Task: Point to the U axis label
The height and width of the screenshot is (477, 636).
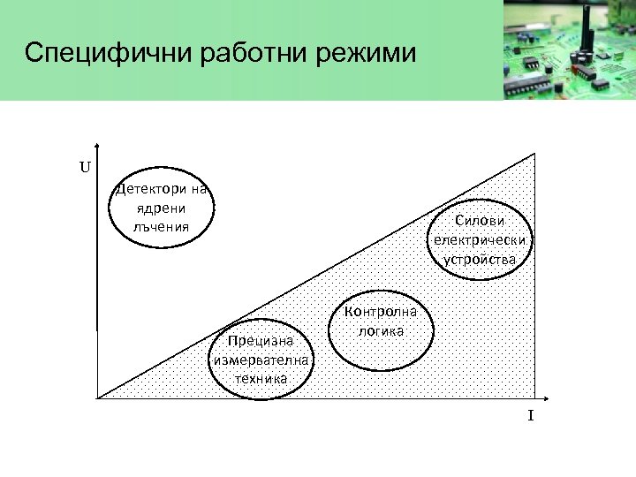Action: click(x=85, y=165)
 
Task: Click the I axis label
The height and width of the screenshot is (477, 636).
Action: click(x=531, y=416)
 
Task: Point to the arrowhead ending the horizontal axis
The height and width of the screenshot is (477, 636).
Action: click(x=537, y=397)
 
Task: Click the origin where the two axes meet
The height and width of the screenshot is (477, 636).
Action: click(x=97, y=397)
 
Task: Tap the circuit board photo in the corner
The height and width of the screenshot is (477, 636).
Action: click(x=569, y=49)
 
